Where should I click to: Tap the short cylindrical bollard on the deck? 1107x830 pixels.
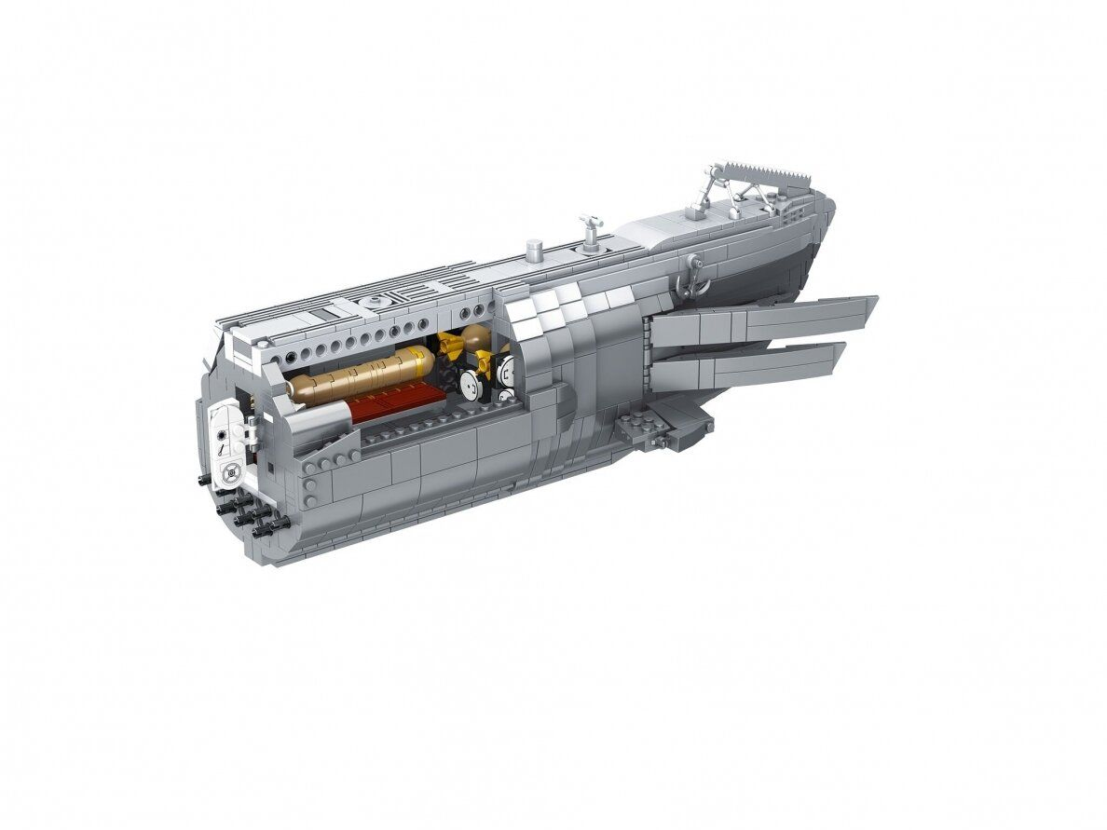click(x=534, y=249)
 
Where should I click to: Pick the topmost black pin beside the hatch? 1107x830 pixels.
click(x=203, y=480)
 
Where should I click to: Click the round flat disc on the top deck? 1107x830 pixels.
click(x=376, y=301)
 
